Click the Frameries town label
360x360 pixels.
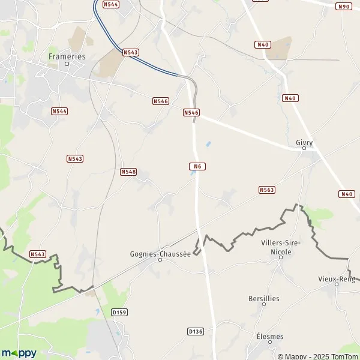67,56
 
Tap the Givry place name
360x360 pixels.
304,142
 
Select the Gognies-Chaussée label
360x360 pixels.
160,253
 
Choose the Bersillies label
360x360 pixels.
264,298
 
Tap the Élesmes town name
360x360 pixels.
269,337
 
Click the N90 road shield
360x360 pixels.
344,6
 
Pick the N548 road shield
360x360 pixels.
128,172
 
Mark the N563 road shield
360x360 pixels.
267,190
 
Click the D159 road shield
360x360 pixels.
120,313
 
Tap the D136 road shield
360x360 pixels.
196,331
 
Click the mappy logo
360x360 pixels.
19,353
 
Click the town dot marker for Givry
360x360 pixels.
304,148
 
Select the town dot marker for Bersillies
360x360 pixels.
264,304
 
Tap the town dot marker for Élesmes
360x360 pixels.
269,343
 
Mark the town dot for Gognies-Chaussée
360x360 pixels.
160,260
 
